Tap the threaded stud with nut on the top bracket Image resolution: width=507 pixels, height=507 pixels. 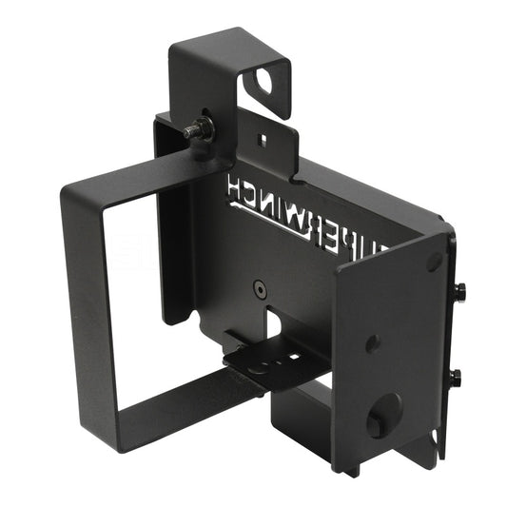point(199,129)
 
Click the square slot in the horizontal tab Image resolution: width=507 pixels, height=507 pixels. point(292,357)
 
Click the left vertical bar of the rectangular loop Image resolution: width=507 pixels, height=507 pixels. point(84,304)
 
